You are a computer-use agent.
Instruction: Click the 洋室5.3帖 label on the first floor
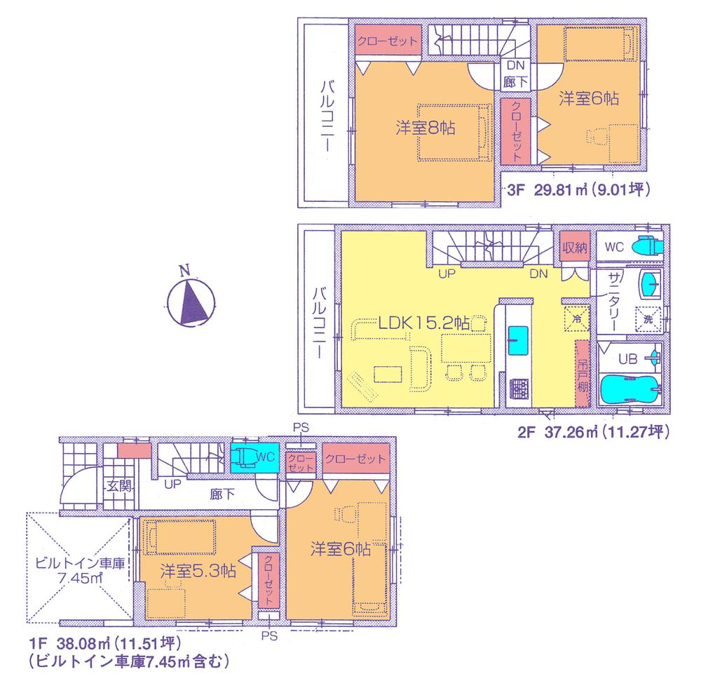click(196, 570)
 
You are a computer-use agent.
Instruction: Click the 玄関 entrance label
click(116, 485)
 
